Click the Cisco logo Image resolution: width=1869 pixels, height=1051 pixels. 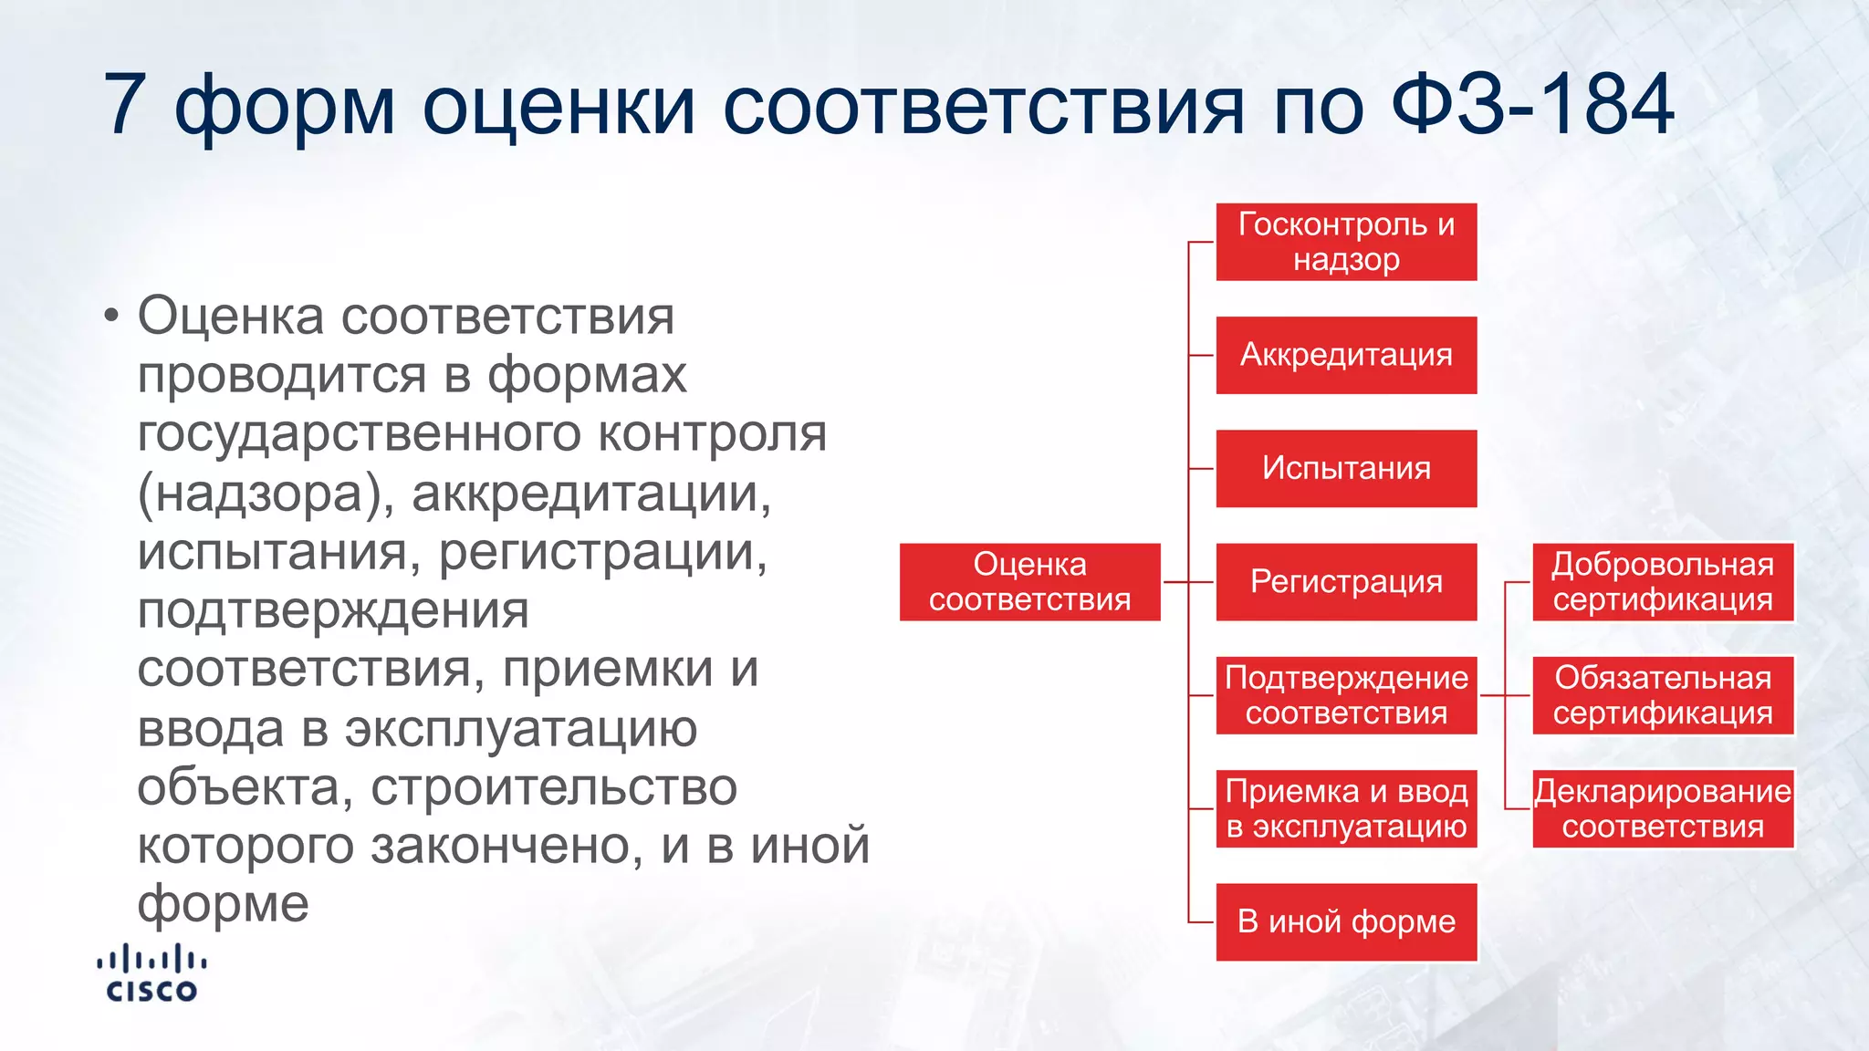(151, 974)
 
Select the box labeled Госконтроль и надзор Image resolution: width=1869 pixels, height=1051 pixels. (1346, 242)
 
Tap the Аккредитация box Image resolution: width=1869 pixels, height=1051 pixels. (1346, 355)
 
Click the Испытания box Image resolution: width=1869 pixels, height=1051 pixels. (1346, 468)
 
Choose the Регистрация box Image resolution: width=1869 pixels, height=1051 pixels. (1346, 582)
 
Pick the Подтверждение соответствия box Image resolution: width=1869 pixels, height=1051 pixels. (1346, 695)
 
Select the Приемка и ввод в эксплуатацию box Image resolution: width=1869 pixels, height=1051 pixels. (1346, 808)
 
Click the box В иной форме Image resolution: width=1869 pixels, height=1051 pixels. (1346, 921)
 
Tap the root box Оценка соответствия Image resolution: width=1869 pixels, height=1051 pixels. (1029, 582)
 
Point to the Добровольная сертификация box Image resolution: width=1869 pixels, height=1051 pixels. (1663, 582)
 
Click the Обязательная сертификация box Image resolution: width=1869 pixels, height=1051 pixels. (1663, 695)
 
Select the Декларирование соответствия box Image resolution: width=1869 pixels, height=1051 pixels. (1663, 808)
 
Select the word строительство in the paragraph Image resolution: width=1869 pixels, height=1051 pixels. (554, 787)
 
